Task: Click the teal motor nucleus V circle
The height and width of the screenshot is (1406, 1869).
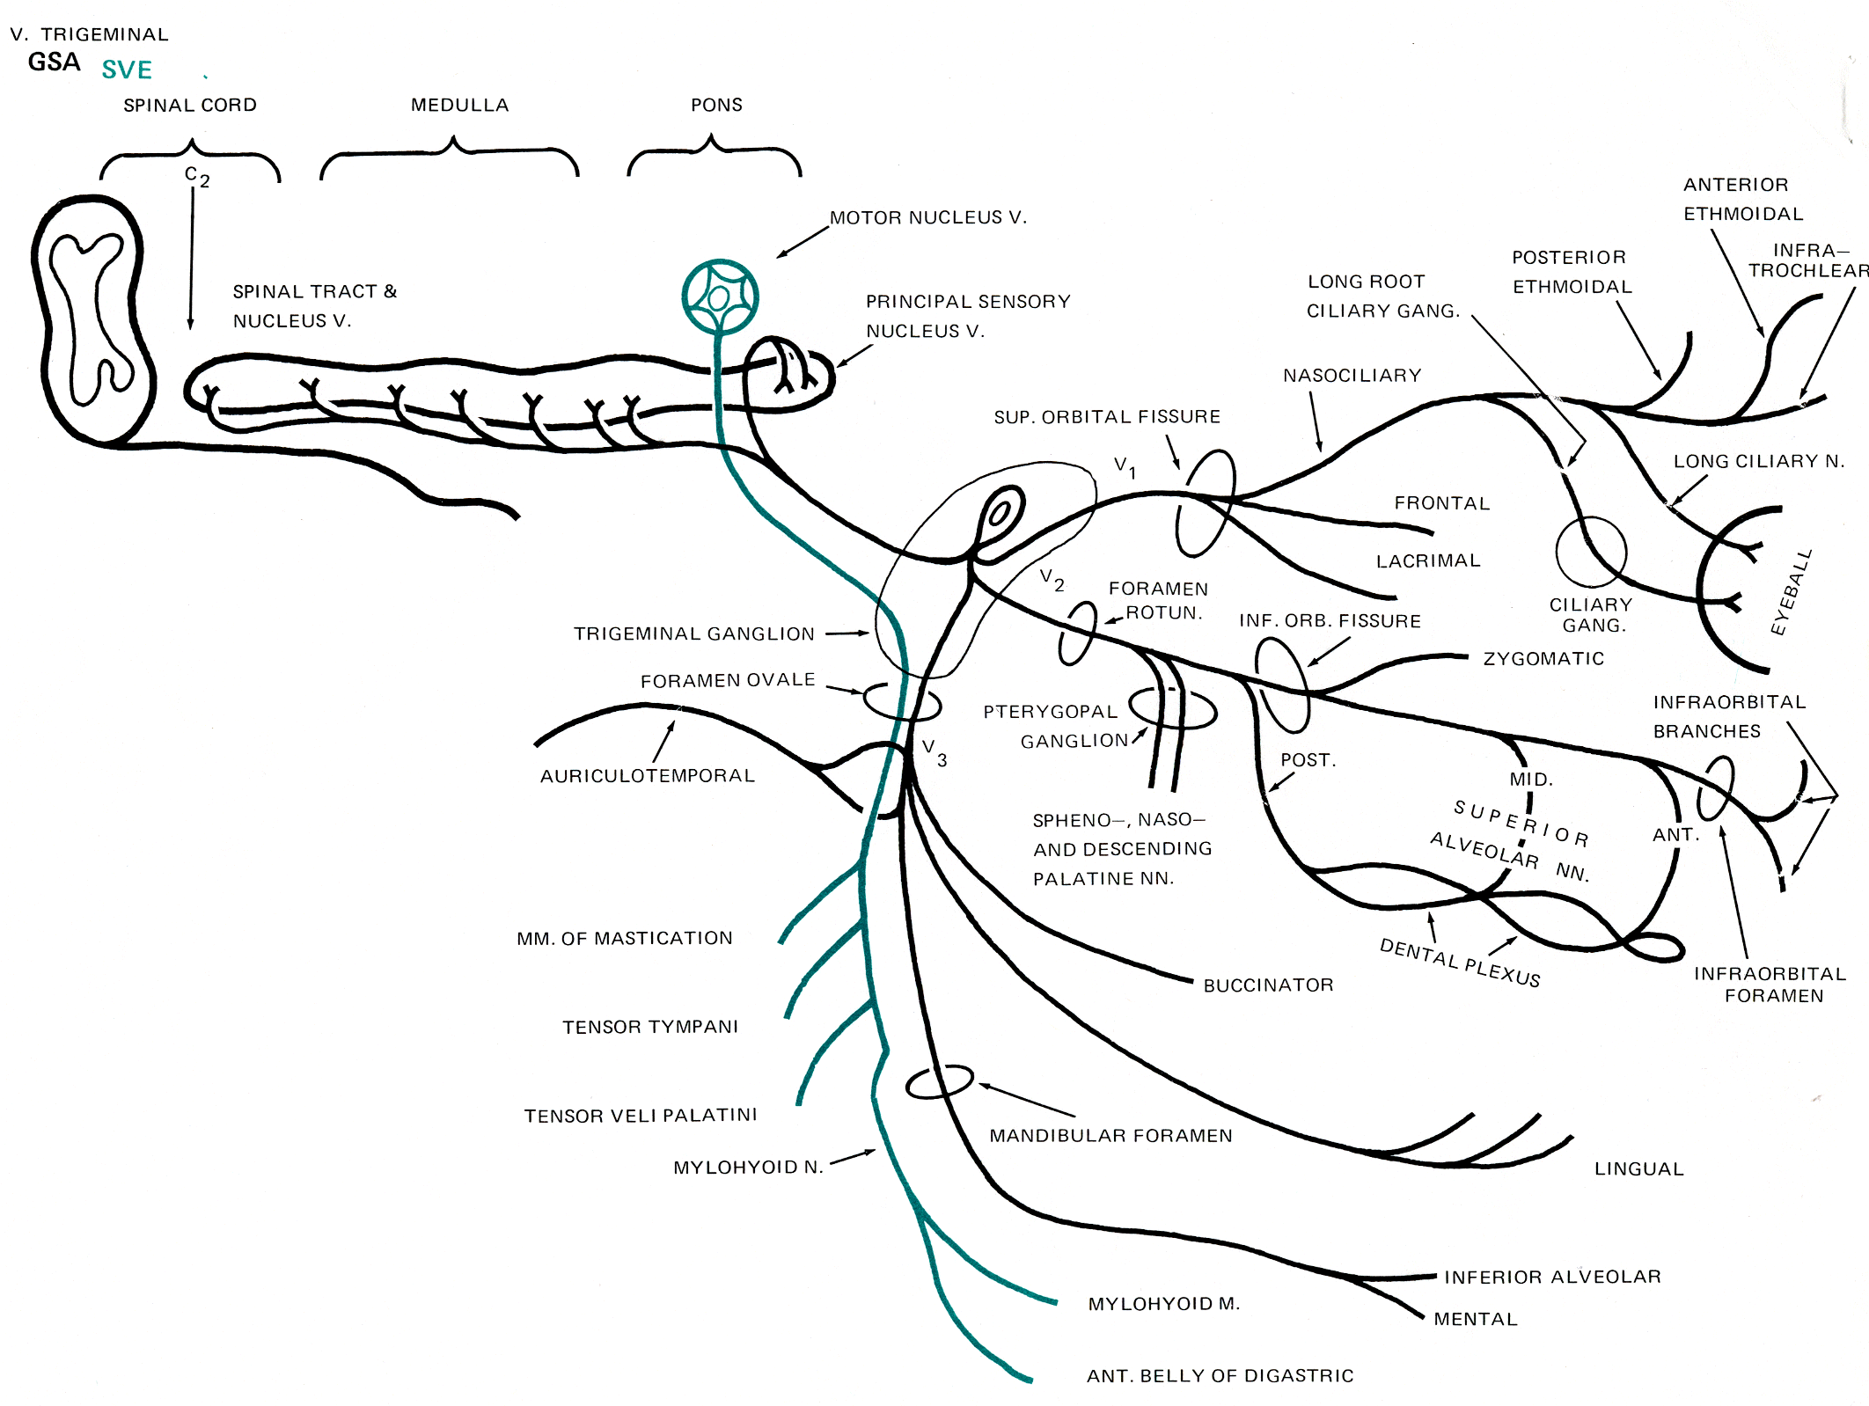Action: click(720, 297)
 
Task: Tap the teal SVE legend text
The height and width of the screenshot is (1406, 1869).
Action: click(127, 70)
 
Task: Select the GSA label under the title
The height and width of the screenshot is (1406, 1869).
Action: click(54, 62)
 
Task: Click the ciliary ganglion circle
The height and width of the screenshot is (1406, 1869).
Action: click(1591, 552)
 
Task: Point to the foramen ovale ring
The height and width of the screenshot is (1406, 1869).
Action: click(902, 702)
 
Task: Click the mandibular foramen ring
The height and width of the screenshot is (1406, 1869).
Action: click(939, 1082)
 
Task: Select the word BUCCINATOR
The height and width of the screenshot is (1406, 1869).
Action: click(1268, 985)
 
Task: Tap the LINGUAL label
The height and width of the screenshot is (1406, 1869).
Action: click(1638, 1169)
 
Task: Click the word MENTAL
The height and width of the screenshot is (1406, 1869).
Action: click(1475, 1319)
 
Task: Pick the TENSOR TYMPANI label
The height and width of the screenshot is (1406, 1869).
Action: click(650, 1027)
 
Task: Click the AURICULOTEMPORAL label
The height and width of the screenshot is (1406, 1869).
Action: click(647, 776)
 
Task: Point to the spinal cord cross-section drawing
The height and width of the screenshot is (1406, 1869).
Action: click(92, 321)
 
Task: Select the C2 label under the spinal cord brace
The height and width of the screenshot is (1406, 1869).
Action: click(197, 176)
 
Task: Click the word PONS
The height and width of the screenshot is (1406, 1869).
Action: click(716, 105)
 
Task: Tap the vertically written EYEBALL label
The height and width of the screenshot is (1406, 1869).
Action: click(1792, 592)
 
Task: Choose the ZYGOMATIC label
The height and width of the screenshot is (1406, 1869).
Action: click(1543, 659)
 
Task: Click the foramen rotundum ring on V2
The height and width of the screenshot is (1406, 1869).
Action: click(1078, 633)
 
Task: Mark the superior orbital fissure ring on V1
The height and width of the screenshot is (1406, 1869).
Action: click(1206, 503)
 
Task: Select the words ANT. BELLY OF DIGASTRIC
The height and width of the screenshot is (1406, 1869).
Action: click(1220, 1376)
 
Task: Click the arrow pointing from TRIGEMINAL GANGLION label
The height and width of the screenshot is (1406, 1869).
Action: click(847, 633)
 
